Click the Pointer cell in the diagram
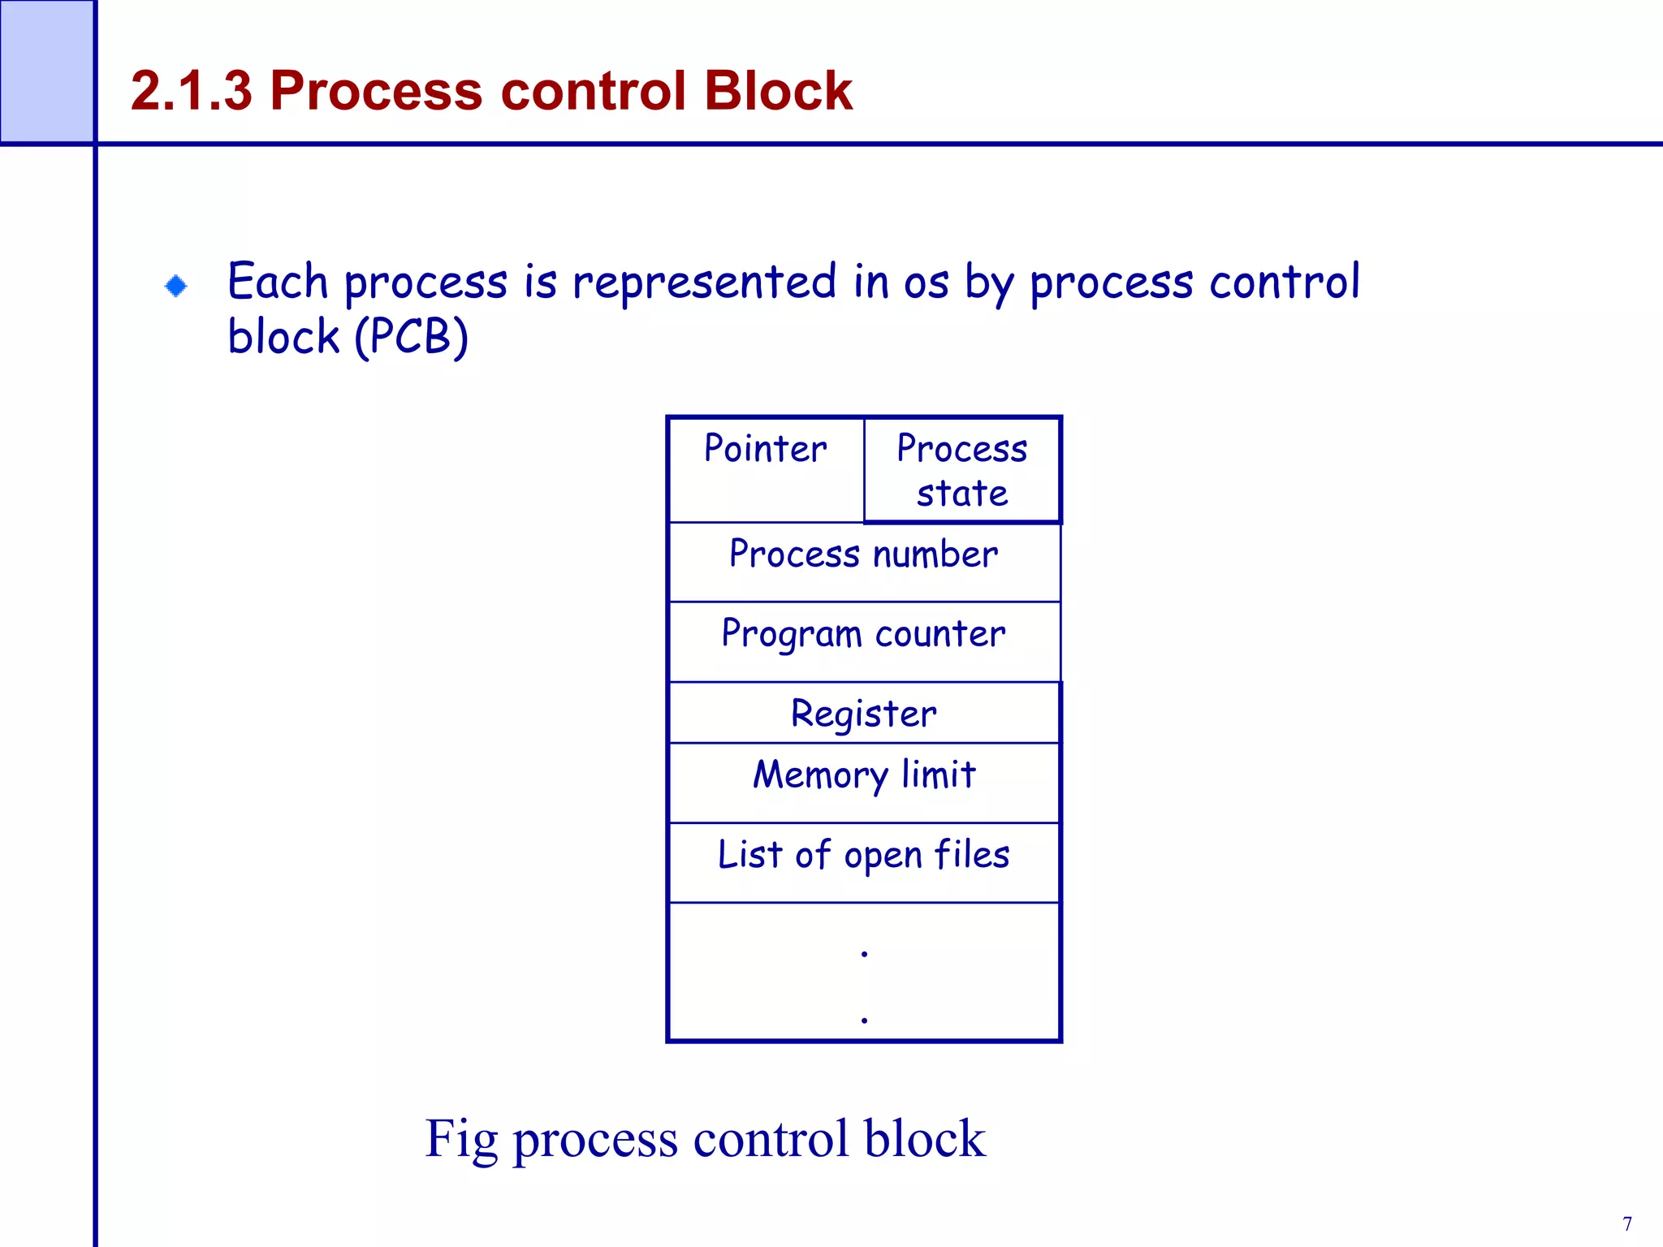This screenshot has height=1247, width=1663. click(766, 469)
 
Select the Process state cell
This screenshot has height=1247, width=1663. click(962, 471)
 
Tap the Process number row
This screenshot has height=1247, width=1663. click(864, 560)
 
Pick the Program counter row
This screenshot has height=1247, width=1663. click(864, 640)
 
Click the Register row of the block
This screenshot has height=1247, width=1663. click(864, 713)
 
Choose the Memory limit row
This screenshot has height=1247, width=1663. click(864, 781)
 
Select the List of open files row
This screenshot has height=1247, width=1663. click(864, 861)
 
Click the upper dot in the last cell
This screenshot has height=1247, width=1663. click(864, 953)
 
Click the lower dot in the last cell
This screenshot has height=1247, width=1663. click(864, 1019)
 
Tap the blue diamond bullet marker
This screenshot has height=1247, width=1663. click(175, 286)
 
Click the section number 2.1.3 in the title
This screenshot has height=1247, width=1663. click(192, 90)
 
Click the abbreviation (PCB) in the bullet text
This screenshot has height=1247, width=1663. click(412, 337)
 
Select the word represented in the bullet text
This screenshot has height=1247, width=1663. click(704, 283)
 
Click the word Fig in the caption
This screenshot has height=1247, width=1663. click(460, 1140)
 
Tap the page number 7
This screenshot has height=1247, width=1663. click(1627, 1223)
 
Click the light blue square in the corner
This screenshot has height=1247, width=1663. click(46, 71)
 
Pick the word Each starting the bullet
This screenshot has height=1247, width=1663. click(277, 283)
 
